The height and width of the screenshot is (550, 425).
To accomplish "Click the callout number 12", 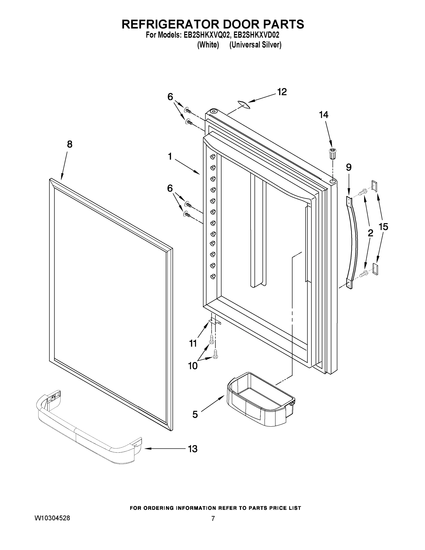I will pos(282,92).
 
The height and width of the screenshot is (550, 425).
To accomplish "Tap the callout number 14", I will pos(324,115).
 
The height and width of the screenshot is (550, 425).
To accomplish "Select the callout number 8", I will pos(69,144).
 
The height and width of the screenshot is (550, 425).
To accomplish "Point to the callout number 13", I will pos(193,449).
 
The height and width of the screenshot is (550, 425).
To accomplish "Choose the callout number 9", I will pos(348,167).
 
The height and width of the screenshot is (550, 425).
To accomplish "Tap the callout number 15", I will pos(383,227).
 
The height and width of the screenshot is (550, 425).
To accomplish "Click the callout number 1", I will pos(170,157).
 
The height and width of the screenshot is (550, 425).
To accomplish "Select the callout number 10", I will pos(193,366).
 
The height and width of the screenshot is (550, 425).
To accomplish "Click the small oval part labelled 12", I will pos(244,104).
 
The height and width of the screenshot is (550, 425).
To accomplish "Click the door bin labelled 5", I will pos(260,400).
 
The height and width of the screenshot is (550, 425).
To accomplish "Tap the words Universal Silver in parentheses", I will pos(255,45).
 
